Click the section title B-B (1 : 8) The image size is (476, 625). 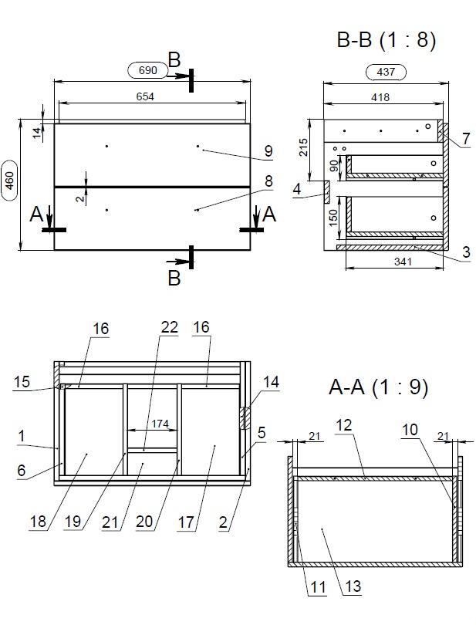387,40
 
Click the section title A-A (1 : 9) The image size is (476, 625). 378,387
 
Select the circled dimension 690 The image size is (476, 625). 148,70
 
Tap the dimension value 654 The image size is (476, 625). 145,96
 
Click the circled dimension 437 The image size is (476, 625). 386,72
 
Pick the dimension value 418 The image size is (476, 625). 380,97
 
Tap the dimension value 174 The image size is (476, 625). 160,424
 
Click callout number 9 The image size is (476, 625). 268,151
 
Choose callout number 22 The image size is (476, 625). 170,328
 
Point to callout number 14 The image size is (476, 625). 270,381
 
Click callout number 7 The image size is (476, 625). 466,139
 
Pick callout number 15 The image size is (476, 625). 22,381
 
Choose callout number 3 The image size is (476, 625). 467,252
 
